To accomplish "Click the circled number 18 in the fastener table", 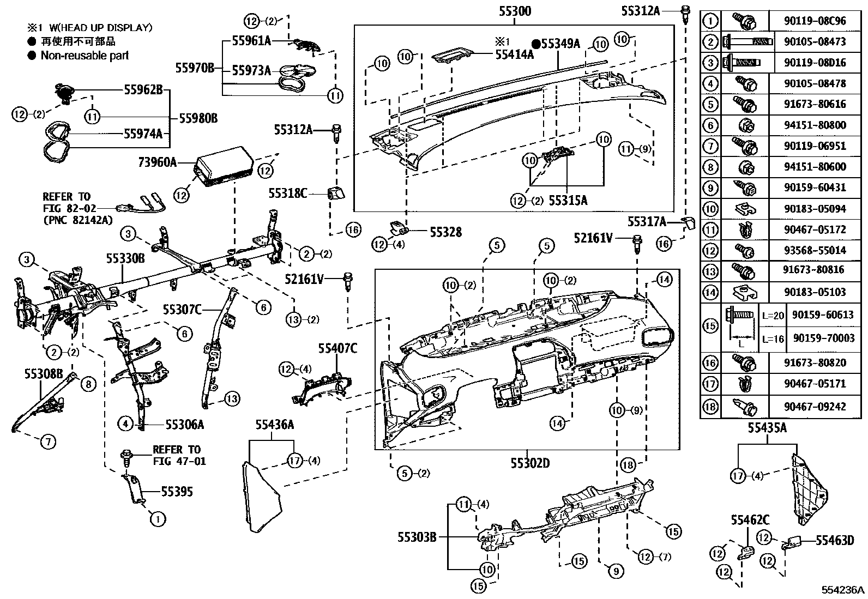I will pyautogui.click(x=710, y=406).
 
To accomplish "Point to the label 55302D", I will pyautogui.click(x=529, y=463).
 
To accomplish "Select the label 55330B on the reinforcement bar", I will pyautogui.click(x=125, y=258).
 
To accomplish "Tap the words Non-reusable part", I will pyautogui.click(x=85, y=55).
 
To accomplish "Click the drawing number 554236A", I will pyautogui.click(x=843, y=590).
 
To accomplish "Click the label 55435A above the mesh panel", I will pyautogui.click(x=767, y=428).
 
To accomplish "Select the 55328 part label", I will pyautogui.click(x=445, y=232).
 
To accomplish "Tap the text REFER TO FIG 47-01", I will pyautogui.click(x=176, y=455).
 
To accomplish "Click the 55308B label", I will pyautogui.click(x=44, y=374).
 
